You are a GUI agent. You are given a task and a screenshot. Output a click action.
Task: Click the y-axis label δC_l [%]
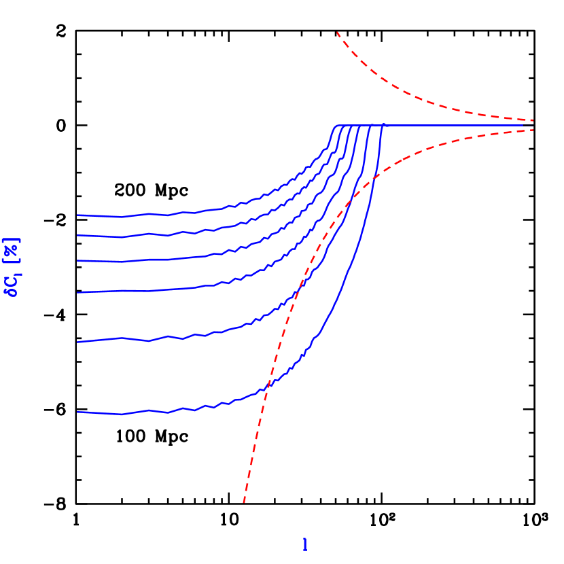coord(12,267)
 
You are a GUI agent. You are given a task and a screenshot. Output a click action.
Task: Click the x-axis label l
coord(304,545)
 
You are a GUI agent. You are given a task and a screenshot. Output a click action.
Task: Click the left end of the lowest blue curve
coord(78,412)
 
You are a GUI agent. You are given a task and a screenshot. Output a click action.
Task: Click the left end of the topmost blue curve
coord(78,215)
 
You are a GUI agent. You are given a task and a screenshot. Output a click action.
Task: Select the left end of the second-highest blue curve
coord(78,235)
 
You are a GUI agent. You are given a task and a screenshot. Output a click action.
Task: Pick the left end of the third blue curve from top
coord(78,260)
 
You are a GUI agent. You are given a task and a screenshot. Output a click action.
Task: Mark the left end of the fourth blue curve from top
coord(78,292)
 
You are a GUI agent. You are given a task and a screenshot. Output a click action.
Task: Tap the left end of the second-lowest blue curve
coord(78,342)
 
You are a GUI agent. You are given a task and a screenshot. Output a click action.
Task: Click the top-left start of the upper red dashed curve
coord(338,32)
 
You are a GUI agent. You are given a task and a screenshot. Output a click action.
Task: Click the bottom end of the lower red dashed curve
coord(243,501)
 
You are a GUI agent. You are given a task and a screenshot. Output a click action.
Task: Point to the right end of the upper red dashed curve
coord(533,120)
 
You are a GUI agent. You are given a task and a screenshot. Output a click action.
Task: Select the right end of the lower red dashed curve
coord(533,130)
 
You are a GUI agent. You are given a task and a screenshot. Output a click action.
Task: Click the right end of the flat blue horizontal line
coord(533,125)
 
